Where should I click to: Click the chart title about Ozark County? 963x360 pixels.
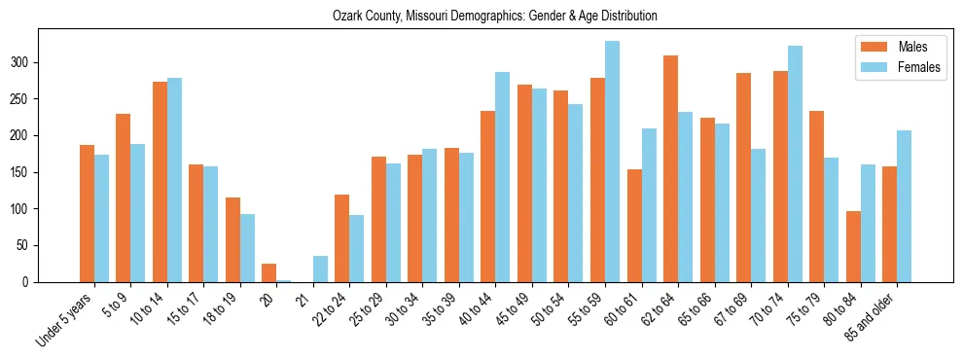tap(494, 17)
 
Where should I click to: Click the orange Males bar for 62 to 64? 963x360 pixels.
tap(671, 168)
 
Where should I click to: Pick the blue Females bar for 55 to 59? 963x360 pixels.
tap(612, 162)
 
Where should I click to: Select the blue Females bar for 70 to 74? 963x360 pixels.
tap(795, 163)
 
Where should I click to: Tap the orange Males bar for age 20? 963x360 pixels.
tap(269, 272)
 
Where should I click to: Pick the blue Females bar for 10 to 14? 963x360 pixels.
tap(174, 180)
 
